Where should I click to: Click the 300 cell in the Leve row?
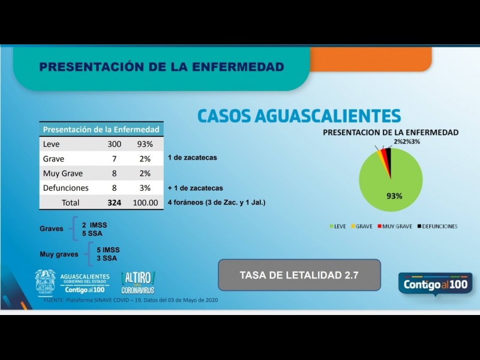(114, 145)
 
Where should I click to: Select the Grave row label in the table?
(53, 159)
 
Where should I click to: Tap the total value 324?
(114, 203)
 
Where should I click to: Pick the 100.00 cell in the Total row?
(145, 203)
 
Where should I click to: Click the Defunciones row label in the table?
(65, 188)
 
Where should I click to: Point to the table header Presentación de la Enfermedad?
(101, 129)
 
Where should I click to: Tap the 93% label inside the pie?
(394, 196)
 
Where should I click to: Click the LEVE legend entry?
(337, 226)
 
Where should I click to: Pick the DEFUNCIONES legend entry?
(437, 226)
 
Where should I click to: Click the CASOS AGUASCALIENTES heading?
(299, 115)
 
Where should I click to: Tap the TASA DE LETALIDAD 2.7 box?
(299, 275)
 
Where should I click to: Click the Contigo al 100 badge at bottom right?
(434, 283)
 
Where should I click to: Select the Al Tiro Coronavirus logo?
(137, 283)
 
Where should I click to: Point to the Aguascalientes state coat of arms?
(45, 283)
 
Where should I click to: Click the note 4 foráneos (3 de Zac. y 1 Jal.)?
(217, 203)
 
